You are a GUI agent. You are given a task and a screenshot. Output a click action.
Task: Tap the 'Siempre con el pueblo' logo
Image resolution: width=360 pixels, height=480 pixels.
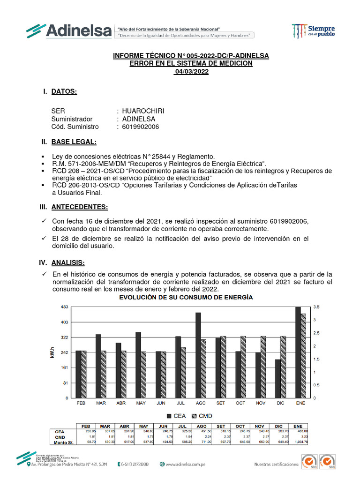click(313, 30)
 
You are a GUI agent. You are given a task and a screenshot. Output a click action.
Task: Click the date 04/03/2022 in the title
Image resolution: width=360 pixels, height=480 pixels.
click(191, 72)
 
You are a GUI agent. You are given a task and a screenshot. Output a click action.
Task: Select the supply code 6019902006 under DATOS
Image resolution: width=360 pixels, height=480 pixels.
click(141, 127)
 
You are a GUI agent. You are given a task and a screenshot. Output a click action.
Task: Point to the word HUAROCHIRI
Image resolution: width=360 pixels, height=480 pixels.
click(143, 111)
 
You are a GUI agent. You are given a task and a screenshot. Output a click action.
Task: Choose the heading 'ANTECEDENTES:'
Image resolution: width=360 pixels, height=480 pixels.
click(79, 207)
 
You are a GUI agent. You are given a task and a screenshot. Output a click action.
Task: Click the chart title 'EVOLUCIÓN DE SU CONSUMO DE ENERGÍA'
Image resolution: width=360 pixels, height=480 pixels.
click(186, 297)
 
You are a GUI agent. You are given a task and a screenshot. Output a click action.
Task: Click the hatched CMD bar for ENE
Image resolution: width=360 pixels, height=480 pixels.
click(303, 356)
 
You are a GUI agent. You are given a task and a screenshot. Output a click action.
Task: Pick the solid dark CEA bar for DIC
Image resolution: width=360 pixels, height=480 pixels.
click(278, 379)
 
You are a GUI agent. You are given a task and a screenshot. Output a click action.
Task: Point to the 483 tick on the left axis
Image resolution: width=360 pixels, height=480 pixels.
click(65, 307)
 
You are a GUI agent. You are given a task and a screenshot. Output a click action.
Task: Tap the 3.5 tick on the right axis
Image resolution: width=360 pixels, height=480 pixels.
click(317, 307)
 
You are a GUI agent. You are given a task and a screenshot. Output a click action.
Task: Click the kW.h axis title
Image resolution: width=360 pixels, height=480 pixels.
click(52, 352)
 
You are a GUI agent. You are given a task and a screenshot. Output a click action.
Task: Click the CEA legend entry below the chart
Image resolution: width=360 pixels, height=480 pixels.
click(175, 416)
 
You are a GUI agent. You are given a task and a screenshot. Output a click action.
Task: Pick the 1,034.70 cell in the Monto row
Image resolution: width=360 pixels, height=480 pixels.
click(300, 442)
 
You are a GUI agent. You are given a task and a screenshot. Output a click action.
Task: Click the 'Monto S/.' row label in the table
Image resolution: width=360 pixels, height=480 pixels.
click(64, 442)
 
